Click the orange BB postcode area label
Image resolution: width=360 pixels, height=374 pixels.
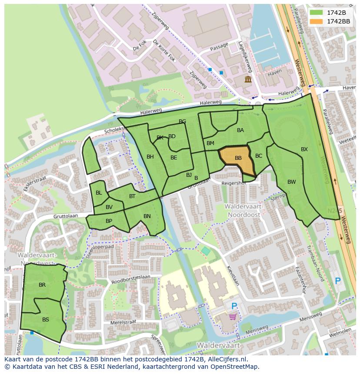[x=238, y=158]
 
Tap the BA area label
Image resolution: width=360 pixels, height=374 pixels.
[x=240, y=130]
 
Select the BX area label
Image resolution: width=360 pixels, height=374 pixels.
[x=304, y=149]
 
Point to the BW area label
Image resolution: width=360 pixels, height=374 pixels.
[x=291, y=182]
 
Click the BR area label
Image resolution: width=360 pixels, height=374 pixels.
[x=42, y=285]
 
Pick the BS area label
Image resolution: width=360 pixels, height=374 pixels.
[x=46, y=319]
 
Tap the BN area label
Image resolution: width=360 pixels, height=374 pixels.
[x=147, y=216]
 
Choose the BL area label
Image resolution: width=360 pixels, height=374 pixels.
[x=99, y=193]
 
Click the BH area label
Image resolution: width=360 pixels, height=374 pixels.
[x=150, y=157]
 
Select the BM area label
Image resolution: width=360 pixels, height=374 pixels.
[x=210, y=143]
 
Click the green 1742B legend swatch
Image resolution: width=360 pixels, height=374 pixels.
[x=317, y=12]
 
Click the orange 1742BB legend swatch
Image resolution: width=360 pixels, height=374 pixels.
[x=317, y=21]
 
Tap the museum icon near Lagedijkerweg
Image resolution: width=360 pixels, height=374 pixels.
[x=248, y=79]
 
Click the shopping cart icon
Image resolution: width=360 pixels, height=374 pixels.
[x=233, y=317]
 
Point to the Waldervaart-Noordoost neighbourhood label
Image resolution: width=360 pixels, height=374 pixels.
[x=242, y=211]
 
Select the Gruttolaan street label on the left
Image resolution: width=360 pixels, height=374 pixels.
[x=65, y=216]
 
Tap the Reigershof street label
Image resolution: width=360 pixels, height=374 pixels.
[x=234, y=183]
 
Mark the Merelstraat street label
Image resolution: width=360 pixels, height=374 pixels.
[x=123, y=322]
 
